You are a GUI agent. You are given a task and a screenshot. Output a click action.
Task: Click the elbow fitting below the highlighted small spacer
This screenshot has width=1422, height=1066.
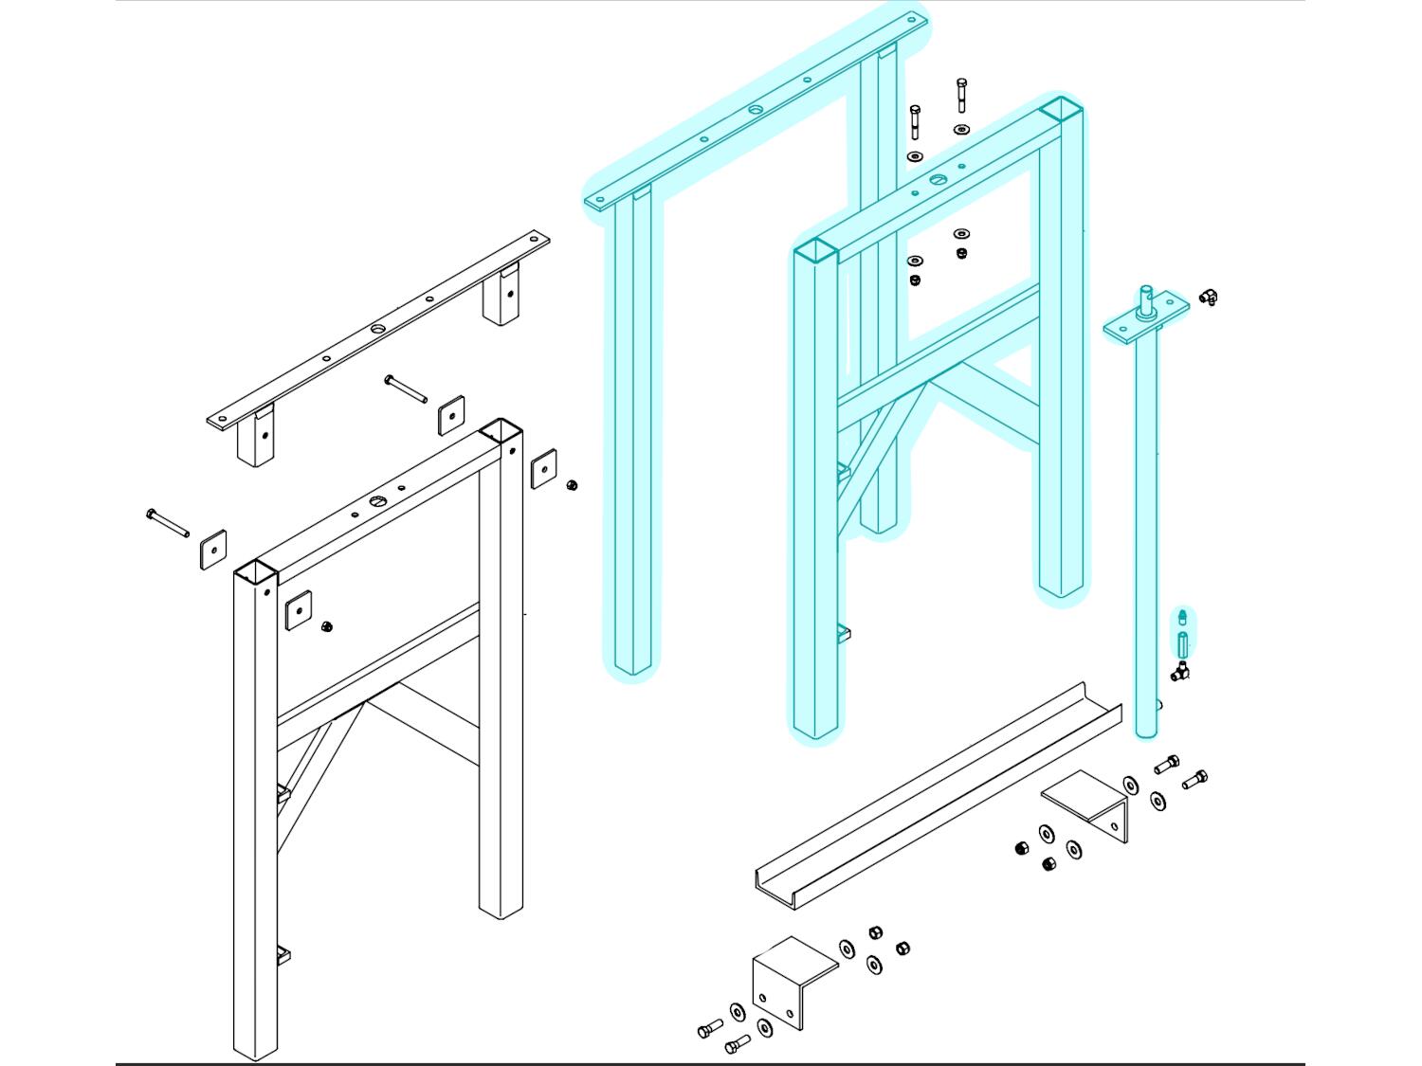point(1179,673)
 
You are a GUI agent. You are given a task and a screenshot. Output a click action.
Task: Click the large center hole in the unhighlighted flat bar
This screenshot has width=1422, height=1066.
point(378,329)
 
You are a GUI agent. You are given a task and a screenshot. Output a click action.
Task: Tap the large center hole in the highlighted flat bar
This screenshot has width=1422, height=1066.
point(755,111)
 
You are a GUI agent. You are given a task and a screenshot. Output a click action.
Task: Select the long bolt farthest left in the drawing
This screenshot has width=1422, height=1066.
point(167,522)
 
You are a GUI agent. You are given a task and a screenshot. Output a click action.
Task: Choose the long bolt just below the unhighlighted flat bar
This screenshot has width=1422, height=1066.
point(405,388)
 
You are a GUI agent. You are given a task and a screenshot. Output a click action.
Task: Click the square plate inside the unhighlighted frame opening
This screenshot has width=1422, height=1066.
point(299,610)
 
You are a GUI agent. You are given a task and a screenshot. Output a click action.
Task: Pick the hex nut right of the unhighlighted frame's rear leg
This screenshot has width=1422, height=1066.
point(572,485)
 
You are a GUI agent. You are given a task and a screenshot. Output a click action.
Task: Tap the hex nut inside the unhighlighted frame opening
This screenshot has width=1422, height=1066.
point(327,626)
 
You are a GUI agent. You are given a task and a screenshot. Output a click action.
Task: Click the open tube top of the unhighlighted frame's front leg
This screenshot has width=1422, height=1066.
point(255,571)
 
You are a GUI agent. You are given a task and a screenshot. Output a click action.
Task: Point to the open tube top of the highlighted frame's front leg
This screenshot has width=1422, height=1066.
point(815,250)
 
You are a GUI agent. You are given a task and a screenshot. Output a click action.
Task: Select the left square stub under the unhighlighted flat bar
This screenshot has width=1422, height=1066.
point(256,438)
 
